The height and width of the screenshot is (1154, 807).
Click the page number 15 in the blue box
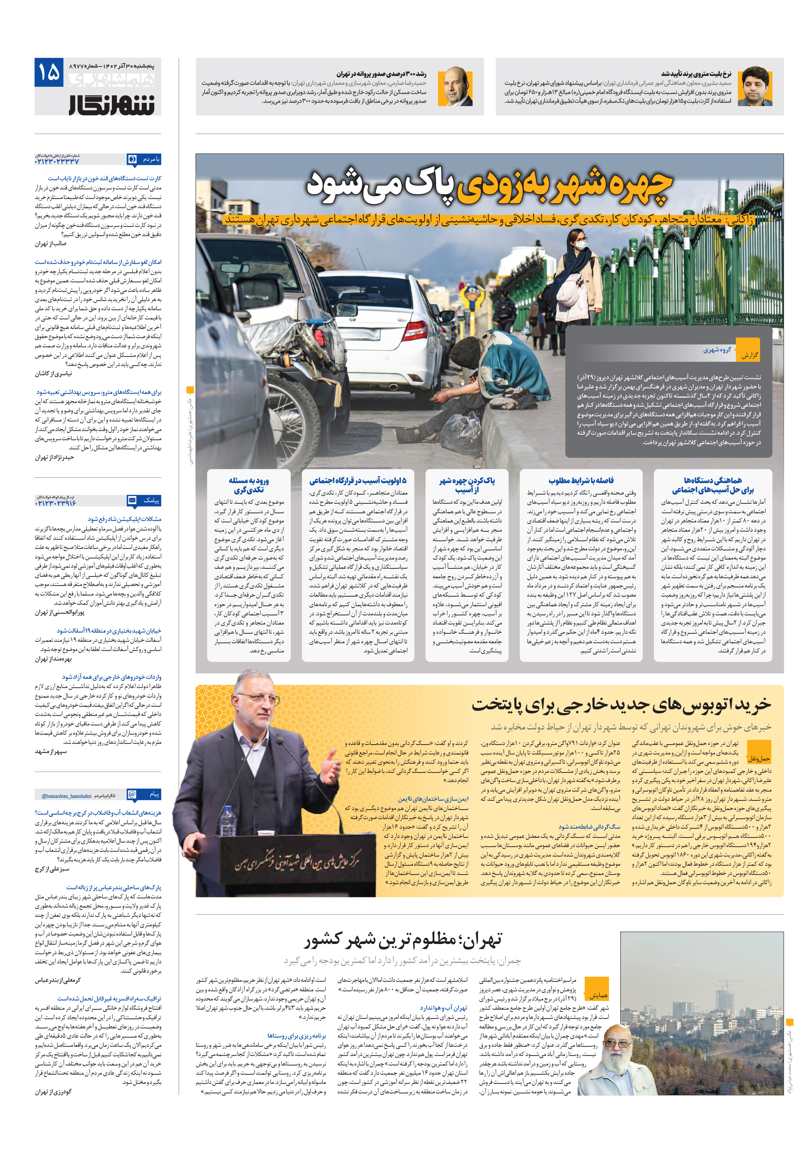coord(49,72)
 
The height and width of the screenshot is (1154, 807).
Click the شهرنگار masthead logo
coord(112,104)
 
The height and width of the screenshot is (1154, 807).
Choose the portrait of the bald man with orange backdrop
coord(455,87)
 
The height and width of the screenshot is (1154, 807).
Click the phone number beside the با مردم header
coord(57,162)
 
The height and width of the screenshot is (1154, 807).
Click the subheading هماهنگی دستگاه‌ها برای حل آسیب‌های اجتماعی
coord(713,485)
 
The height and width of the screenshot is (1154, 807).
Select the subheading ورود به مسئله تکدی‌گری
coord(249,485)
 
